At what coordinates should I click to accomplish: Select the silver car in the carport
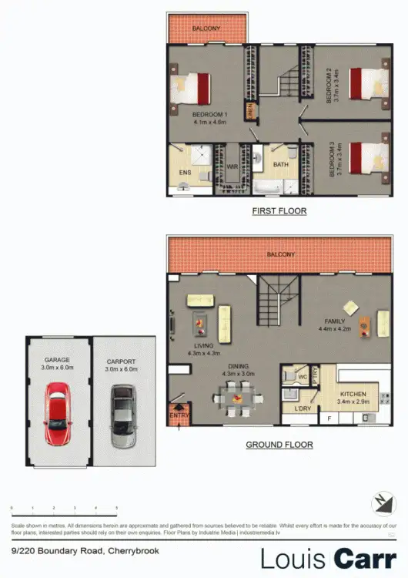(x=122, y=416)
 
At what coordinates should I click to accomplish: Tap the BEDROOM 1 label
(x=209, y=117)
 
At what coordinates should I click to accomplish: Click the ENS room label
(x=185, y=173)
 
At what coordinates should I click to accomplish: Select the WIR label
(x=232, y=166)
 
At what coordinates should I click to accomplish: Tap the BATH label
(x=280, y=164)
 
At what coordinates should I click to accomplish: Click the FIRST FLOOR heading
(x=279, y=210)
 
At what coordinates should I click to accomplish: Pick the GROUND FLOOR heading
(x=279, y=445)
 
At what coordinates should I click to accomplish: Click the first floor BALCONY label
(x=207, y=29)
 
